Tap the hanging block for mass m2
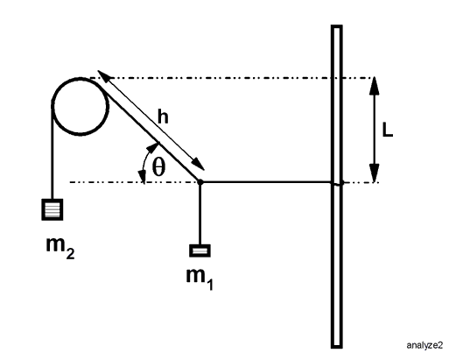tap(53, 209)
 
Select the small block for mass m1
tap(200, 251)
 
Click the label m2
tap(60, 248)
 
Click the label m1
tap(200, 279)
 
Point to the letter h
tap(163, 116)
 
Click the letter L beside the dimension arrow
tap(388, 130)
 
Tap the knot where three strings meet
tap(200, 182)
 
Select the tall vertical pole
tap(337, 187)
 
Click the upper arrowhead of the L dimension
tap(375, 86)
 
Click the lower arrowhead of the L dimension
tap(375, 173)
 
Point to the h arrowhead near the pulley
tap(105, 76)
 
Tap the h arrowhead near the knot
tap(197, 164)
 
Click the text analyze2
tap(424, 345)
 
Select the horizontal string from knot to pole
tap(266, 182)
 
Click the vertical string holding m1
tap(200, 214)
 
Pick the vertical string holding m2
tap(53, 151)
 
